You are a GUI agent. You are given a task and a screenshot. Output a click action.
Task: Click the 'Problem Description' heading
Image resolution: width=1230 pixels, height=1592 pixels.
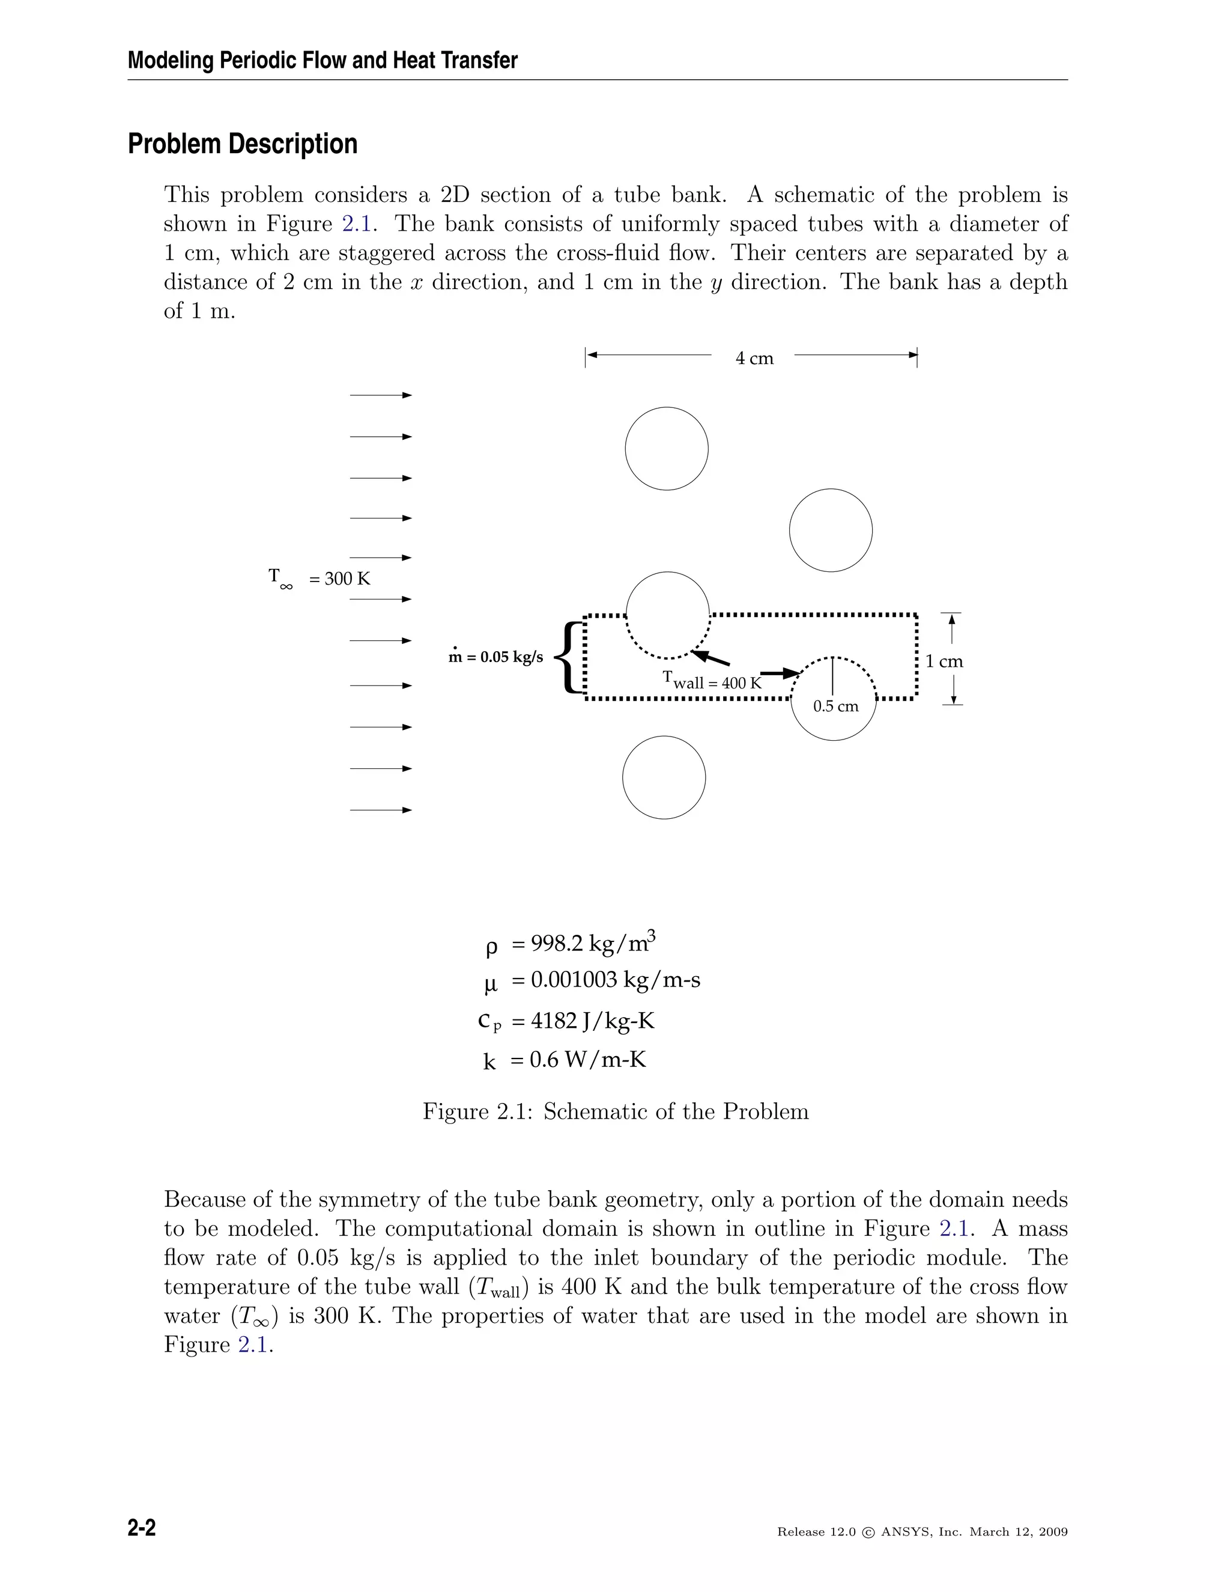tap(243, 144)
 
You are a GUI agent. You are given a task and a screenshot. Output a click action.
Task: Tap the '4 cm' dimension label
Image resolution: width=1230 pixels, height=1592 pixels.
tap(754, 359)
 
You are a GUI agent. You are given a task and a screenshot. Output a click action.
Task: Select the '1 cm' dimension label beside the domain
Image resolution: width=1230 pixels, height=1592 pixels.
tap(944, 662)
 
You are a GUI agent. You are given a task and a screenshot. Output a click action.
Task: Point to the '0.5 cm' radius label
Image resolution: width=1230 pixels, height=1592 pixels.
tap(836, 706)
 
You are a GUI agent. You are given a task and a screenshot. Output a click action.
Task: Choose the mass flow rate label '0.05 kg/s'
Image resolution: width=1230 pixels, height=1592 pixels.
tap(496, 657)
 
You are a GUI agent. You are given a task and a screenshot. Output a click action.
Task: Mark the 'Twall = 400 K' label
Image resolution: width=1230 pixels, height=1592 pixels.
tap(712, 682)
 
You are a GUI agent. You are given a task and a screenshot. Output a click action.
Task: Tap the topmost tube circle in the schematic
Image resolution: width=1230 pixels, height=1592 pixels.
tap(667, 448)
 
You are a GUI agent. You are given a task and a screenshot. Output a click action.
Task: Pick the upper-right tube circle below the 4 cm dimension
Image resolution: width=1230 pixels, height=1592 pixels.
tap(831, 530)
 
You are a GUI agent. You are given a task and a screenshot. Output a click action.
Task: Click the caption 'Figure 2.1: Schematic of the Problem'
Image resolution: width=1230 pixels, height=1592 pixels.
tap(616, 1111)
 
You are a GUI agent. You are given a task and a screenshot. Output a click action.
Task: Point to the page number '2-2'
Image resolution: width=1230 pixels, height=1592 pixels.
tap(142, 1528)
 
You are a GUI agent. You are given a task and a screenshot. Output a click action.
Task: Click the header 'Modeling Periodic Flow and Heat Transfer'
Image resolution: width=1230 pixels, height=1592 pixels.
tap(322, 61)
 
